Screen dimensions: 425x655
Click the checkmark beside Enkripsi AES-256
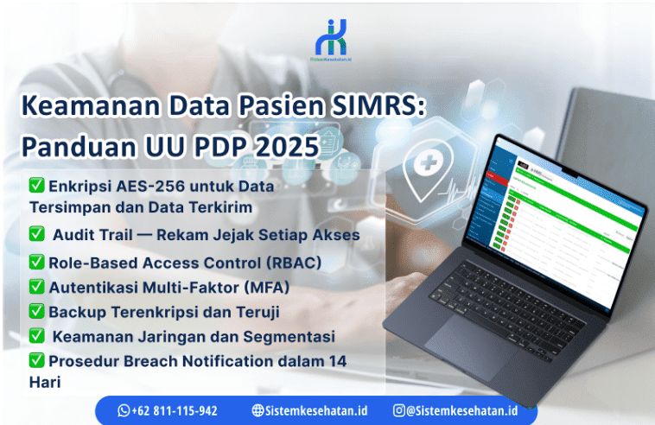coord(37,185)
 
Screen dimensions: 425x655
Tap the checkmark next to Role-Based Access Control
coord(37,262)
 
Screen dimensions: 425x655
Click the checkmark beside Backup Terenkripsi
coord(37,311)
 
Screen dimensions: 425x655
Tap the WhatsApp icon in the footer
coord(124,410)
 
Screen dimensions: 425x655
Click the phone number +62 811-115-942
coord(175,410)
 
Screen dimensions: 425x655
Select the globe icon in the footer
coord(258,410)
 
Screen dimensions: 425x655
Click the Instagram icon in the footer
coord(398,410)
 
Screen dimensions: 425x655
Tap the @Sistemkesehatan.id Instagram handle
coord(461,410)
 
